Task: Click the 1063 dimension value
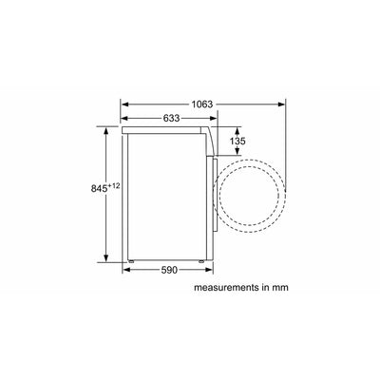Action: click(x=202, y=104)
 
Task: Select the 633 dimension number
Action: click(x=171, y=119)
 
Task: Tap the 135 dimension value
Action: click(x=237, y=141)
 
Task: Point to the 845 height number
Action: click(x=99, y=189)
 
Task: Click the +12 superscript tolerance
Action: click(x=114, y=186)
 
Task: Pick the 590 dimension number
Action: click(x=169, y=270)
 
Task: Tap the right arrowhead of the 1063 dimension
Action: click(x=281, y=104)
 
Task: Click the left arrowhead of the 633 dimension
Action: click(x=124, y=119)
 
